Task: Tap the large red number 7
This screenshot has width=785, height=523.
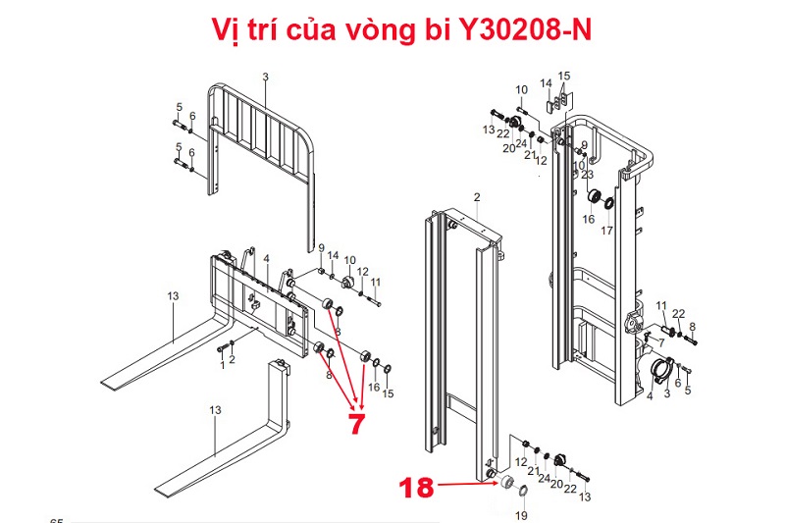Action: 355,423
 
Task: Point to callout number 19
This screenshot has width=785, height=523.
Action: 521,515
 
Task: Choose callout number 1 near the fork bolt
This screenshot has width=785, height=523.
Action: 222,365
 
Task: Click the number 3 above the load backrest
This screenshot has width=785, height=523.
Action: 265,77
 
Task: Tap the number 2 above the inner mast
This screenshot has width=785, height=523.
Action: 476,197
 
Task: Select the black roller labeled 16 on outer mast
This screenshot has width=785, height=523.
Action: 594,196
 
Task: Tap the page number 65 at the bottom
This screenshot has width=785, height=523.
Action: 56,519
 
